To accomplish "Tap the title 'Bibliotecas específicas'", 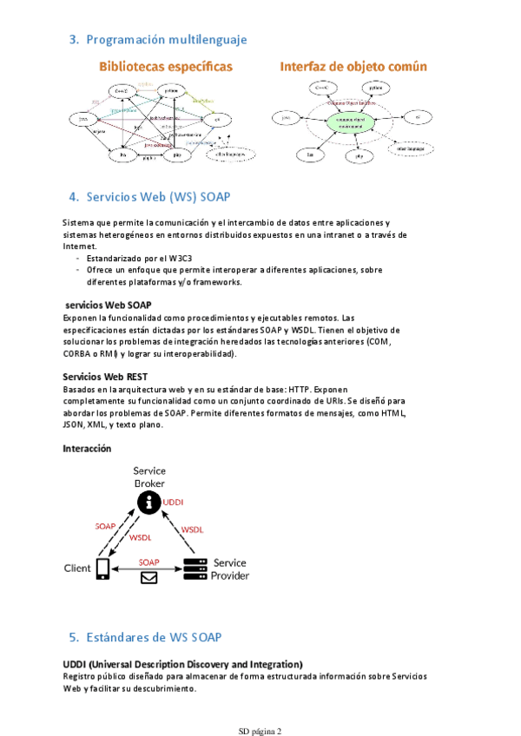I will click(165, 66).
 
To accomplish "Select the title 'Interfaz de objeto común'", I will click(346, 66).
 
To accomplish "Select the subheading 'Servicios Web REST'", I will click(105, 377).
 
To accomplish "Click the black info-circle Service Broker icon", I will click(149, 502).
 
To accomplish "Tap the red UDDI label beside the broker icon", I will click(174, 502).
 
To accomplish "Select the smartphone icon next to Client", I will click(102, 568).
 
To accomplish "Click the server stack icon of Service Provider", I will click(195, 568).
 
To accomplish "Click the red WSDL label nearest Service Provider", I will click(192, 529).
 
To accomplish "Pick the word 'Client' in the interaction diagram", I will click(77, 568).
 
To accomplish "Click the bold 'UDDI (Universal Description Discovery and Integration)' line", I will click(182, 664).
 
